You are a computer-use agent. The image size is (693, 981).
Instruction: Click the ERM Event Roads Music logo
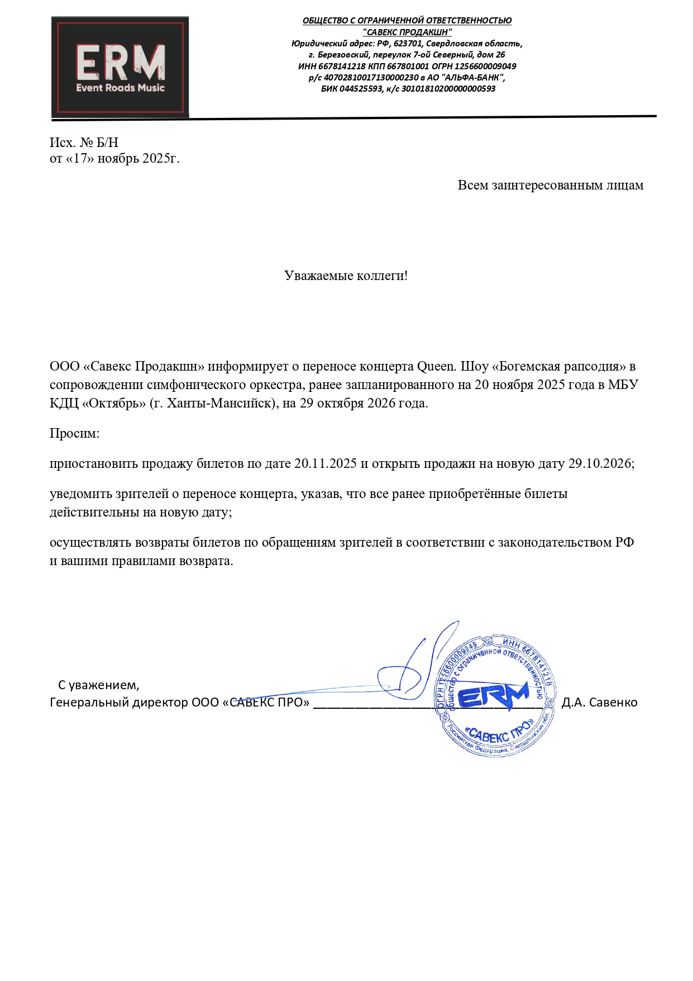point(120,67)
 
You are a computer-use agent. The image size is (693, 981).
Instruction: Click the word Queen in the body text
point(436,367)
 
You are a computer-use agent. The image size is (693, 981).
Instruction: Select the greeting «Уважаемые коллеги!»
point(346,276)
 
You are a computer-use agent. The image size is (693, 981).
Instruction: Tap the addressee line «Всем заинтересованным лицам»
point(550,185)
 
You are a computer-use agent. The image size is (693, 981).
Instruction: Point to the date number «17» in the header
point(81,158)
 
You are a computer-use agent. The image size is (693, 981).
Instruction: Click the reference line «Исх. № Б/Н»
point(84,143)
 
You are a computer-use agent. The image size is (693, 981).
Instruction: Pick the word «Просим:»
point(74,433)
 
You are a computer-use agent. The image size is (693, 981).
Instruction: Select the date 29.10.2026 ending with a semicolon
point(601,463)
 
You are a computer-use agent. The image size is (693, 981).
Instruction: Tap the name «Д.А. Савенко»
point(599,702)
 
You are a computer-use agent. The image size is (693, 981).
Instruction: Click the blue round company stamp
point(495,696)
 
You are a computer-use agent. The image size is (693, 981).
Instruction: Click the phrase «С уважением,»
point(99,685)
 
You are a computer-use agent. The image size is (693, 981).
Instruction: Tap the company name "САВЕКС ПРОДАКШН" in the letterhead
point(407,32)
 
